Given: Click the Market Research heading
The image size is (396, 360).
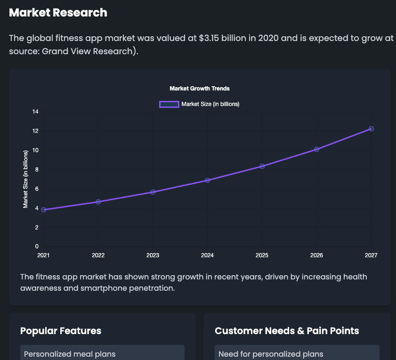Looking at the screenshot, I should (58, 13).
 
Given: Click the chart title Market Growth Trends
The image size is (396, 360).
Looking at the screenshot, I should (200, 89).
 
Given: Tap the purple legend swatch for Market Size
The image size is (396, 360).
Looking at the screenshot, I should (169, 104).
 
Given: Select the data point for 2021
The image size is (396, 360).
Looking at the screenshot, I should (44, 210).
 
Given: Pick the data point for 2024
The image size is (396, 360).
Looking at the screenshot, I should (207, 180).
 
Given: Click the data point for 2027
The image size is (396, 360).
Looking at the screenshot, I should (371, 129).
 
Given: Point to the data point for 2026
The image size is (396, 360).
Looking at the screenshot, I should (316, 149).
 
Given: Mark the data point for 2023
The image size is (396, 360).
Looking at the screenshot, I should (153, 192).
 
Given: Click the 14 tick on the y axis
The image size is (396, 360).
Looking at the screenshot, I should (35, 112).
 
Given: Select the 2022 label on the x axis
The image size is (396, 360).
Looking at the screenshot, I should (98, 255).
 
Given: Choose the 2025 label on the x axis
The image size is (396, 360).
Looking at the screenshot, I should (262, 255).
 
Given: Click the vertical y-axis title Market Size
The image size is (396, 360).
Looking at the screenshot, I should (26, 179).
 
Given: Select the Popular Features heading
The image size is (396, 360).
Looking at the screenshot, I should (61, 331).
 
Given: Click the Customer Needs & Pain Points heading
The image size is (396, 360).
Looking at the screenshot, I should (287, 331).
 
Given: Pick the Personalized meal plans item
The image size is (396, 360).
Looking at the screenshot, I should (70, 354).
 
